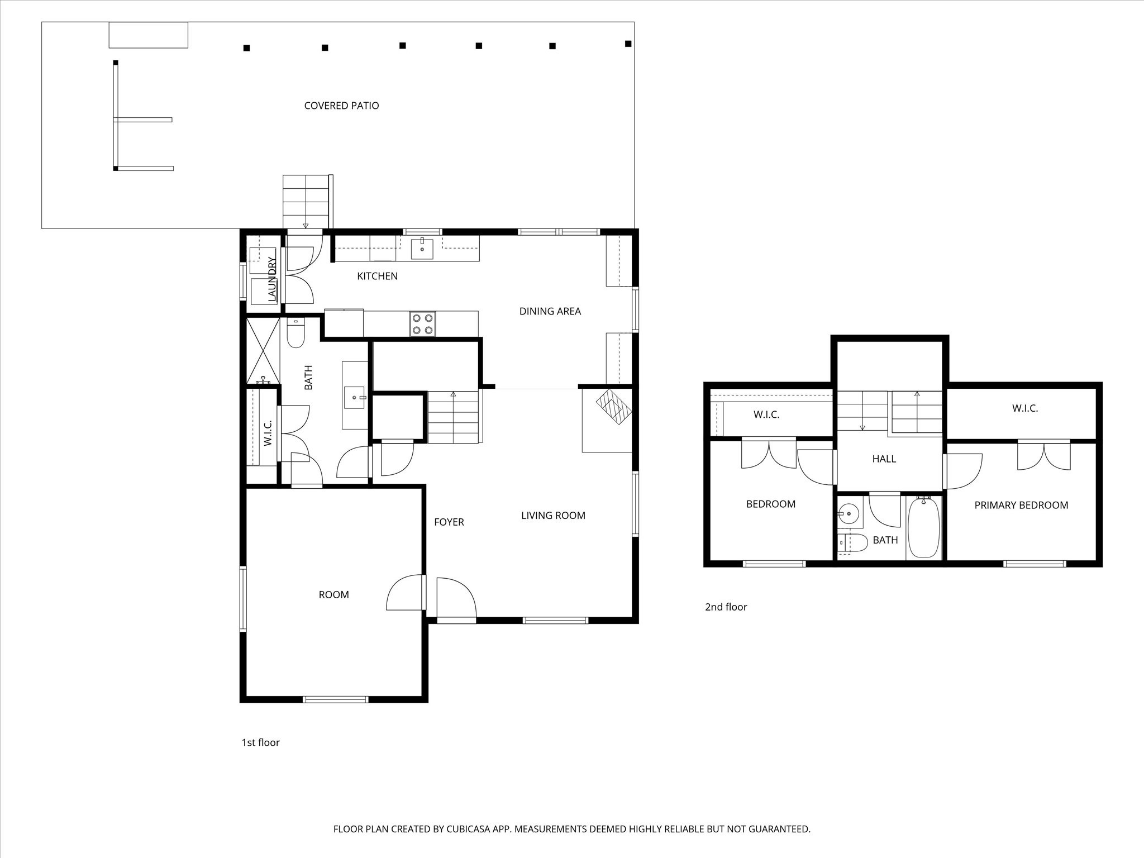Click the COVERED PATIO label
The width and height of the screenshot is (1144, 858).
[x=341, y=106]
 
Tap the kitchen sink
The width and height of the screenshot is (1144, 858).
[x=422, y=249]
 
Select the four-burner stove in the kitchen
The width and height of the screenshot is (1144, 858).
[x=423, y=324]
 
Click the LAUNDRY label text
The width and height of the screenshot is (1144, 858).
[x=272, y=279]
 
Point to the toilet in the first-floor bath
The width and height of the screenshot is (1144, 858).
[x=295, y=332]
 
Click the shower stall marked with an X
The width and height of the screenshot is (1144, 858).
[x=263, y=350]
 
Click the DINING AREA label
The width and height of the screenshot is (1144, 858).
[x=550, y=311]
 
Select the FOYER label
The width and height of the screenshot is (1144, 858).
[x=449, y=522]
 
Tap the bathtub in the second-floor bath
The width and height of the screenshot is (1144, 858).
[x=924, y=527]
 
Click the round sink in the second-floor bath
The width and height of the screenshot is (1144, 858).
[x=849, y=513]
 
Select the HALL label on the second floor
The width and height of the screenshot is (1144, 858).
[x=884, y=459]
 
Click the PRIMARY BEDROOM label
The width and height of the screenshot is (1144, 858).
[x=1021, y=505]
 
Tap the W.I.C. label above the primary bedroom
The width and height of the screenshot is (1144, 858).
[x=1025, y=408]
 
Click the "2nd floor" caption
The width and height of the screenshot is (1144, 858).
[x=726, y=607]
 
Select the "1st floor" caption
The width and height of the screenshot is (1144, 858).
[x=260, y=742]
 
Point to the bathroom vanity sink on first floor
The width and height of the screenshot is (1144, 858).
[x=354, y=398]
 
